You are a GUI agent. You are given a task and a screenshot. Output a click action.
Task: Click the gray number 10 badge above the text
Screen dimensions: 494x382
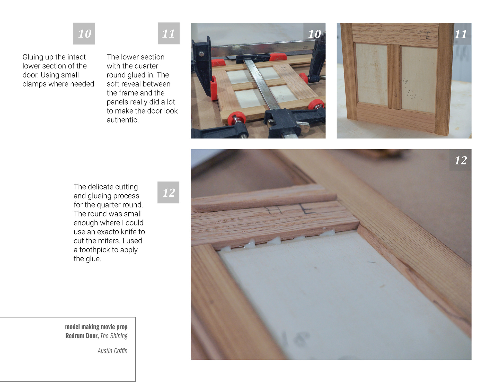pos(84,33)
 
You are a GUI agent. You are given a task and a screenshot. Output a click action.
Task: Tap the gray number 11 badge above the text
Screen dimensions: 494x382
pos(169,33)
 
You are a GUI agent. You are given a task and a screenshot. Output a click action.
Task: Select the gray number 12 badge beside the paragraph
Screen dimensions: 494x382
pos(168,193)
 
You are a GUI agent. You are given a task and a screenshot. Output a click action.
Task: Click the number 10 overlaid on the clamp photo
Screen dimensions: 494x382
pos(314,34)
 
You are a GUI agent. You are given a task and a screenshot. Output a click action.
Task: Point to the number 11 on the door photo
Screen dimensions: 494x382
pos(461,34)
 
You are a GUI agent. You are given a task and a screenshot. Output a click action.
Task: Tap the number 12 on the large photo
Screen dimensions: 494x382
pos(461,160)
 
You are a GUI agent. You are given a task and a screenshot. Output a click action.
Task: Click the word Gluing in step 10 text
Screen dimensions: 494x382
pos(33,57)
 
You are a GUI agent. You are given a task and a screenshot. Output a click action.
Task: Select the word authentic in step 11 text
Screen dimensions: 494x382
pos(123,120)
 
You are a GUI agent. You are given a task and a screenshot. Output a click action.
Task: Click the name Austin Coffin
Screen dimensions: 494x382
pos(112,351)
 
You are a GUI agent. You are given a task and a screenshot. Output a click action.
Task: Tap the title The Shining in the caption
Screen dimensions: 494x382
pos(114,336)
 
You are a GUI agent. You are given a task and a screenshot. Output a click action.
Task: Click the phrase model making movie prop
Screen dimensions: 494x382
pos(96,327)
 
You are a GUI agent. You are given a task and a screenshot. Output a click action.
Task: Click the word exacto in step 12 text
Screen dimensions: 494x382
pos(109,232)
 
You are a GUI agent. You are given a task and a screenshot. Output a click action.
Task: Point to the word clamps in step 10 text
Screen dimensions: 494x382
pos(35,84)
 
